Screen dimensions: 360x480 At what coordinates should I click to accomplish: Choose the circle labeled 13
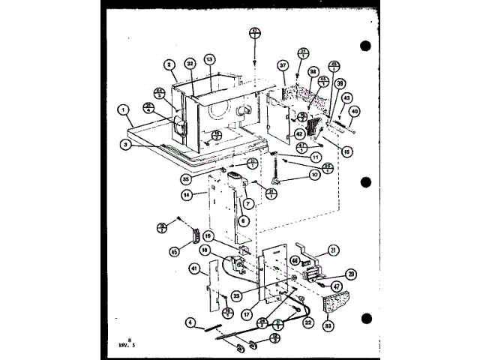click(x=209, y=59)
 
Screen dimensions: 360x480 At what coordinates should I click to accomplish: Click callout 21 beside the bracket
click(x=334, y=250)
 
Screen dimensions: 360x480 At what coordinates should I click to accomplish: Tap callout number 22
click(x=308, y=323)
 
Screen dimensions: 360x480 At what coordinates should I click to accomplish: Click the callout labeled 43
click(x=346, y=97)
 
